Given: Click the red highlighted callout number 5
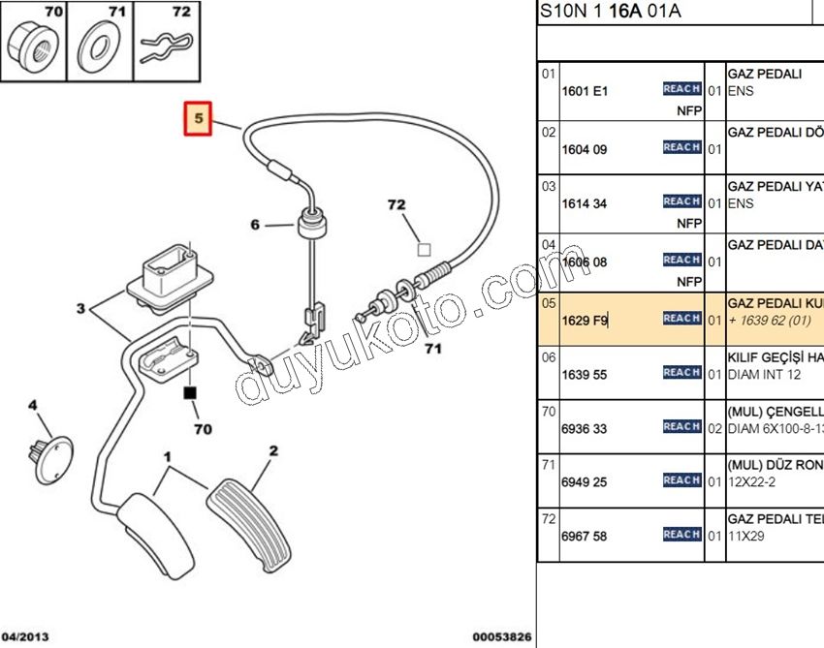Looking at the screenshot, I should [x=199, y=119].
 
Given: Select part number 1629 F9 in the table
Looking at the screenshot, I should [x=585, y=319].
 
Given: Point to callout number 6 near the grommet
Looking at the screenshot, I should [x=256, y=225].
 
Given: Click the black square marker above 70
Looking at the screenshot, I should [x=190, y=393].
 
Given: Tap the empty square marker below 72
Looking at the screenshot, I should [x=424, y=249].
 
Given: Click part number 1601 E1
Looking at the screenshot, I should [x=585, y=92].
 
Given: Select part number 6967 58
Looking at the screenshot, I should [x=585, y=536].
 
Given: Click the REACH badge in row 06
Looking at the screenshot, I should [x=681, y=372].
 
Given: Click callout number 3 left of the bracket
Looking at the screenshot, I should [x=81, y=310].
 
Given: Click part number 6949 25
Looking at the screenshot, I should [x=585, y=481].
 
